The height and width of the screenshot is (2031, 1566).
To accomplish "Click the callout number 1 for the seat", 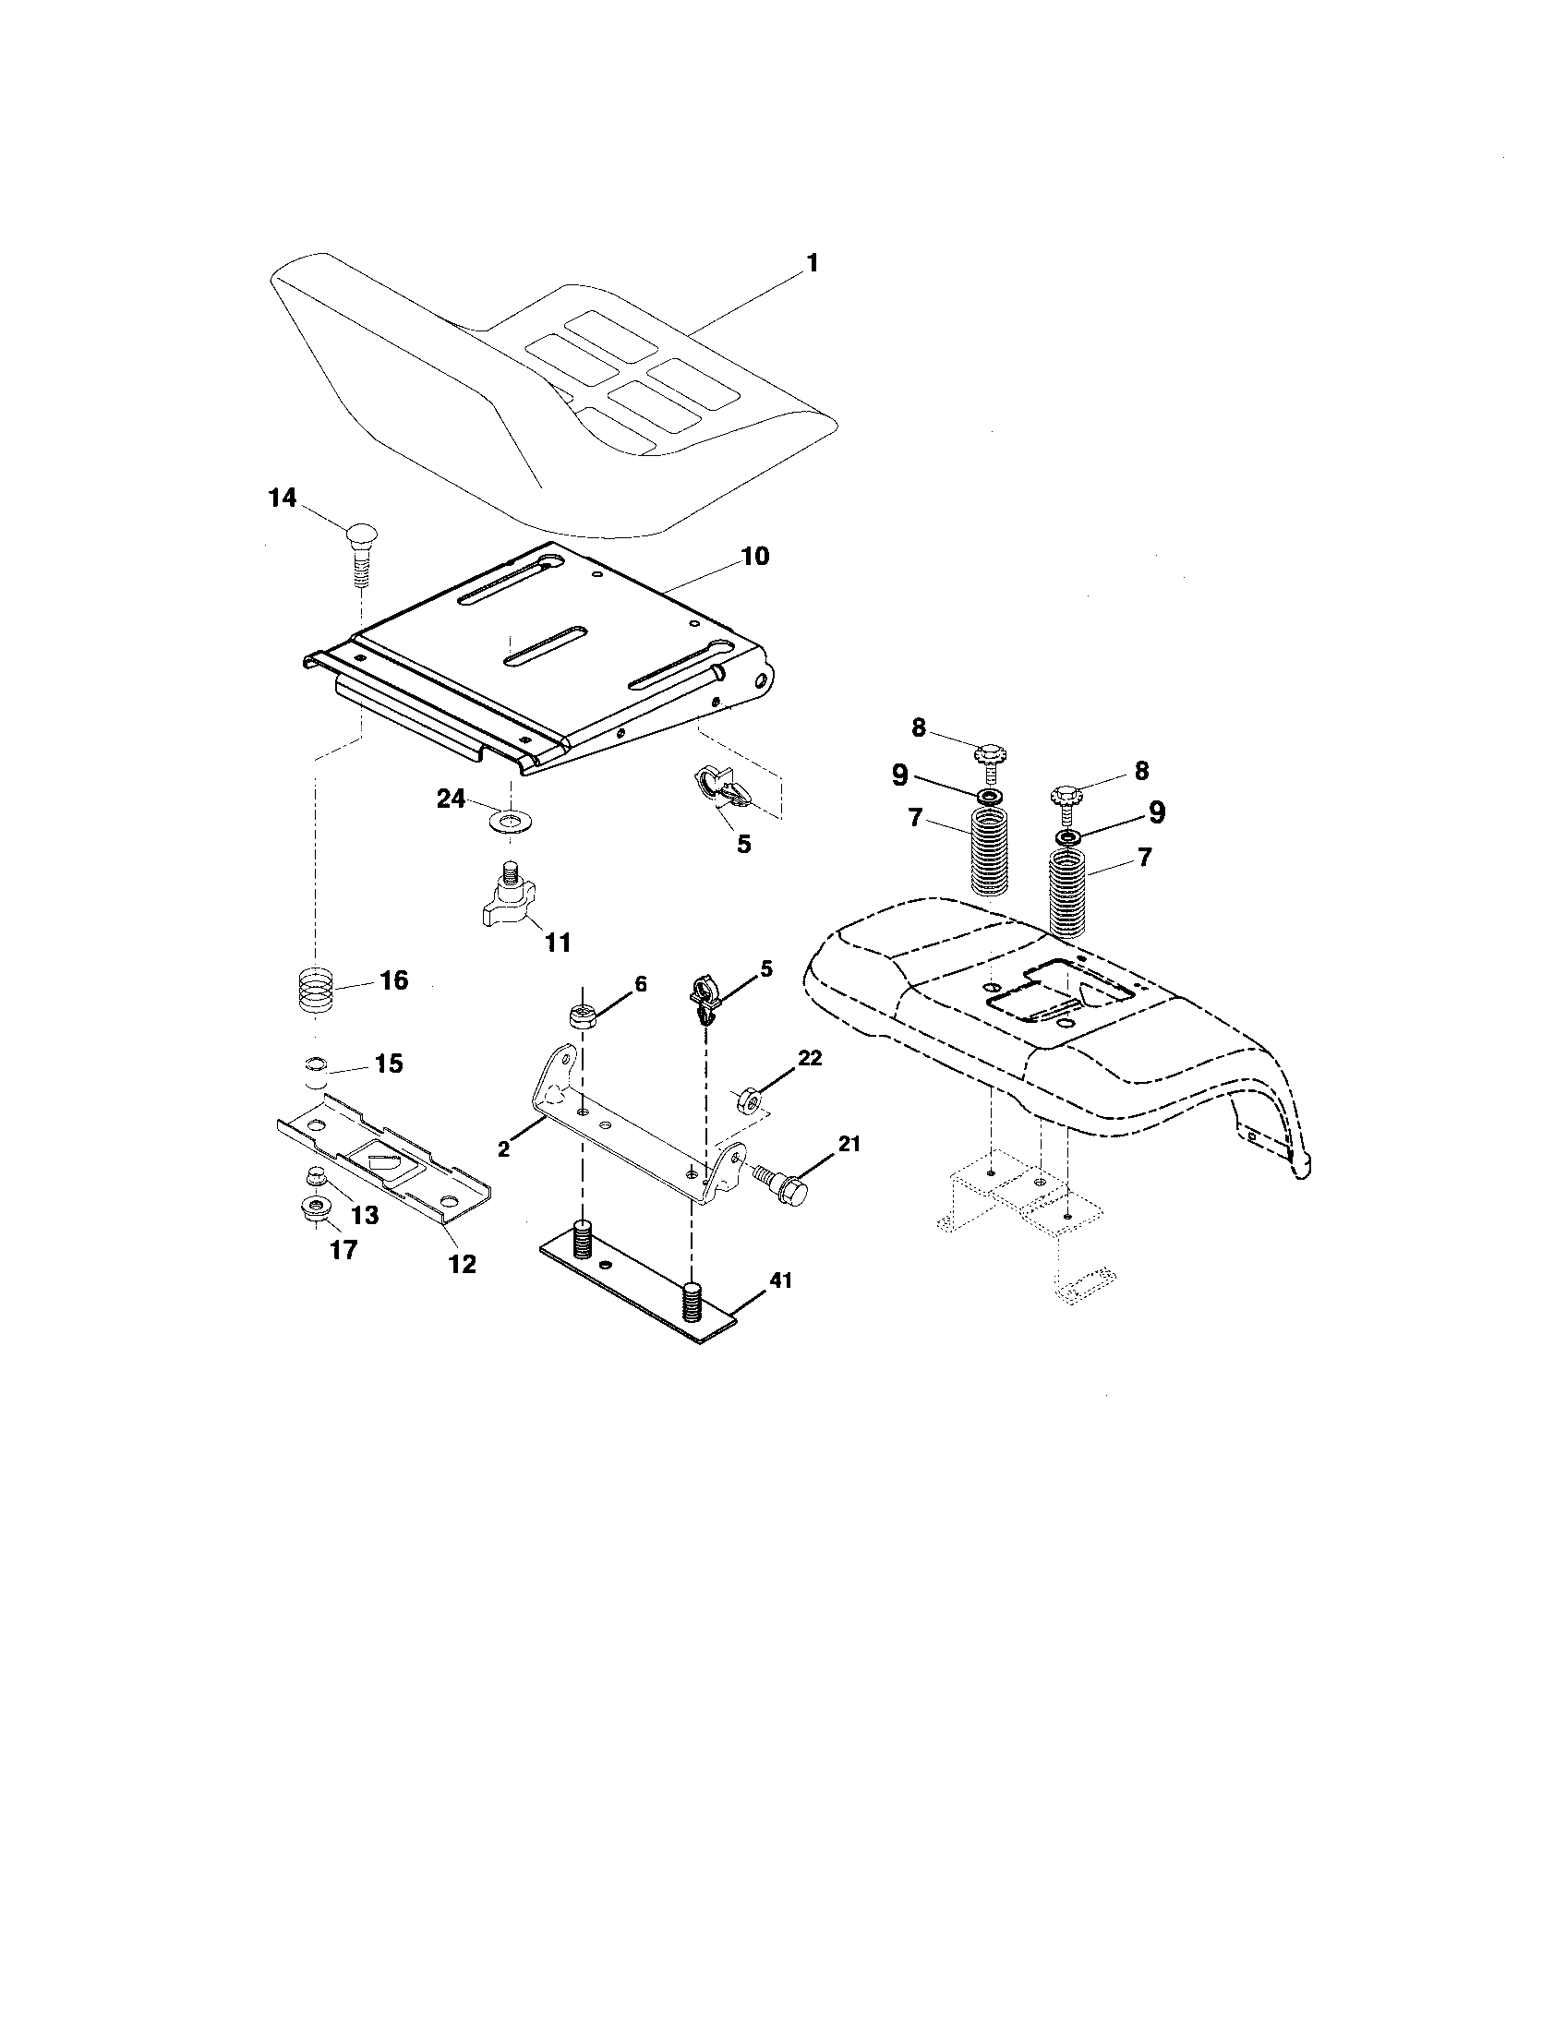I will click(812, 263).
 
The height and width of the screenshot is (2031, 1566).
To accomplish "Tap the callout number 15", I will click(388, 1063).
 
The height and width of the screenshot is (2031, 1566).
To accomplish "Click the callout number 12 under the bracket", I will click(463, 1264).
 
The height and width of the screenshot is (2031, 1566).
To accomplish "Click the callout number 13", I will click(365, 1215).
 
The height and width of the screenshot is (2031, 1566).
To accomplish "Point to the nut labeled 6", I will click(581, 1015).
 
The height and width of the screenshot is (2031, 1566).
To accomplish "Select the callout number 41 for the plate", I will click(779, 1280).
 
